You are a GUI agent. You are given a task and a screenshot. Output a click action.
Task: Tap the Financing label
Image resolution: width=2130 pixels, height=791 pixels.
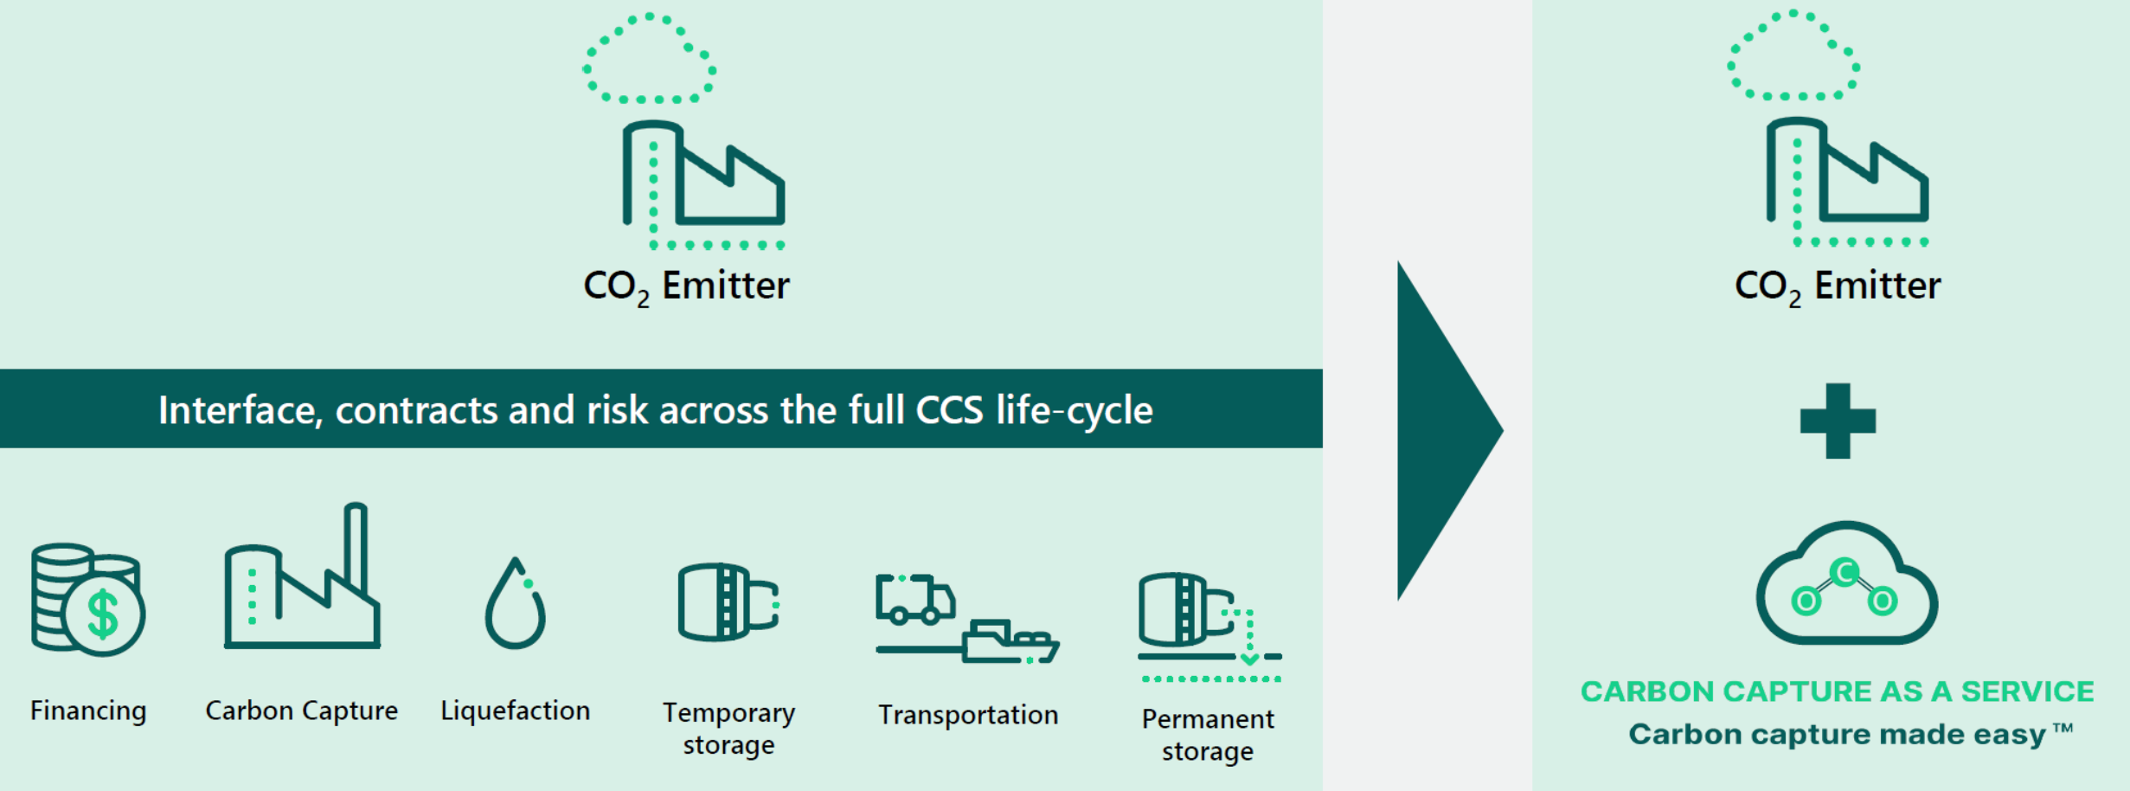click(x=88, y=711)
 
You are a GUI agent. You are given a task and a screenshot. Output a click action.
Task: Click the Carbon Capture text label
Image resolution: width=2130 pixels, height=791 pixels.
click(x=301, y=711)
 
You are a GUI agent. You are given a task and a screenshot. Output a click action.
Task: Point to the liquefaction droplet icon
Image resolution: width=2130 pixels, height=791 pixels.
click(x=516, y=606)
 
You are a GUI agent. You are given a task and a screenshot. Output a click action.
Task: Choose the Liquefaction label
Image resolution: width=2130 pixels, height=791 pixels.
click(x=516, y=711)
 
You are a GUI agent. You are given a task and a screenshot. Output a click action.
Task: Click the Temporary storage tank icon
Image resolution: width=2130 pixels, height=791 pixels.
click(x=728, y=602)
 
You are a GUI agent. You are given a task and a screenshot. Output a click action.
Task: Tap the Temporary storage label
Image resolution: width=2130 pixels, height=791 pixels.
click(x=728, y=729)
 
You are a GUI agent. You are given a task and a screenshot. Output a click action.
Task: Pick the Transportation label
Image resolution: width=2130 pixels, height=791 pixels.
click(x=968, y=716)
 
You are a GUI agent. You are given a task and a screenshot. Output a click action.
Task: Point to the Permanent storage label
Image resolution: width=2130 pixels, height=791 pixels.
click(x=1208, y=735)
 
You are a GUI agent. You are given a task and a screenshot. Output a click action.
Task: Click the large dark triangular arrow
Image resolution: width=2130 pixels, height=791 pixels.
click(x=1440, y=430)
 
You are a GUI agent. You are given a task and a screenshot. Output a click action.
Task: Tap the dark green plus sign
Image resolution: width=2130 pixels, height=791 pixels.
click(x=1838, y=421)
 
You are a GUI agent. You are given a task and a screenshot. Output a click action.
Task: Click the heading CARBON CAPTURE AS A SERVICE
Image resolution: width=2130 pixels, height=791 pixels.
click(x=1837, y=692)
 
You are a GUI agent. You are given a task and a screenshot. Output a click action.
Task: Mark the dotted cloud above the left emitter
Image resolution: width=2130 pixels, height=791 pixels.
click(x=649, y=59)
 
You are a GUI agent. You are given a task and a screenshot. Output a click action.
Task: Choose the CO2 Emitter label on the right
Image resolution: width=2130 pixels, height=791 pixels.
click(x=1837, y=286)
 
